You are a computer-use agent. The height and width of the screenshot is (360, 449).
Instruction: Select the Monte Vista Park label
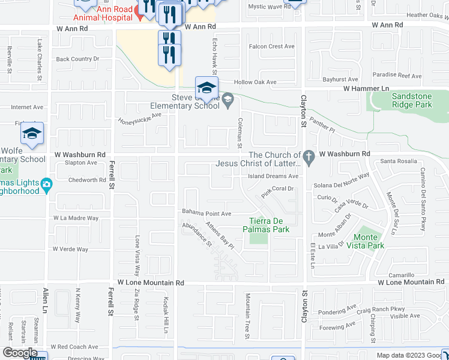coord(369,242)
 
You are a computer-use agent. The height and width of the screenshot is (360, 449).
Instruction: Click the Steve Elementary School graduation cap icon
coord(206,87)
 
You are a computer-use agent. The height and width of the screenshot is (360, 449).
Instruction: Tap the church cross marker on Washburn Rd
coord(309,158)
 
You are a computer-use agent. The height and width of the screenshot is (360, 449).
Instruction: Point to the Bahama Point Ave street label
coord(206,213)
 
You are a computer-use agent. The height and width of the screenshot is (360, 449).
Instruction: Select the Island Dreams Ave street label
coord(273,176)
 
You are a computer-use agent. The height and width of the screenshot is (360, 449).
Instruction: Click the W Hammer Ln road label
coord(366,88)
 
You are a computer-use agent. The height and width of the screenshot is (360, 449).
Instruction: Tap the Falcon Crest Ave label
coord(272,46)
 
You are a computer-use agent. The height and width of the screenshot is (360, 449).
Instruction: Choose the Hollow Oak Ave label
coord(255,82)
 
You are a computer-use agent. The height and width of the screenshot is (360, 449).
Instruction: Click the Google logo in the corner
coord(19,353)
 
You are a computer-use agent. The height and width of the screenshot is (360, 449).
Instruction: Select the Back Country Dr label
coord(77,59)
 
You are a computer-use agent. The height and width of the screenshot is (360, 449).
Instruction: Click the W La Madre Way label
coord(76,218)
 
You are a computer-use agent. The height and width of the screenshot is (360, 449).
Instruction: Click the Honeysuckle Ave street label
coord(140,118)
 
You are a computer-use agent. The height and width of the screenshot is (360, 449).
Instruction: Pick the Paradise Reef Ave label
coord(397,76)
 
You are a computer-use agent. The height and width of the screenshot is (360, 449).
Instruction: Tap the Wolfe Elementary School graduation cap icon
coord(32,134)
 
